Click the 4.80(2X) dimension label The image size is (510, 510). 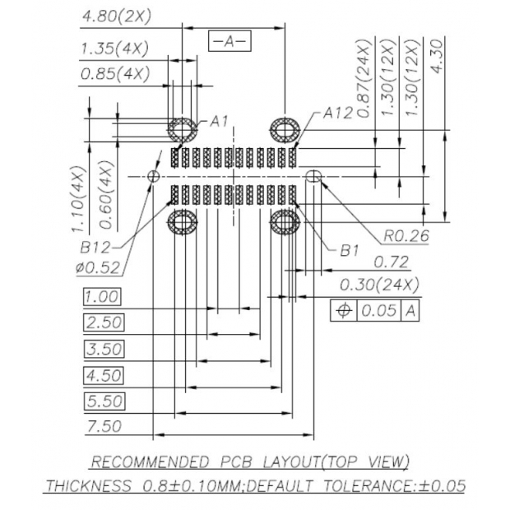[115, 16]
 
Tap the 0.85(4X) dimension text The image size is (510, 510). [115, 74]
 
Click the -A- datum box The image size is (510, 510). [229, 40]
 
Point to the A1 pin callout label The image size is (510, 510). [219, 122]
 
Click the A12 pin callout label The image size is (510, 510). [337, 113]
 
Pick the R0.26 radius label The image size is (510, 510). [406, 236]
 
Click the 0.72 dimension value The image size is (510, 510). [391, 262]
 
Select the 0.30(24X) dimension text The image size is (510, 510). [379, 285]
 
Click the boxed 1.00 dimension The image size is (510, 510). [102, 297]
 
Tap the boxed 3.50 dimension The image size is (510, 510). [104, 349]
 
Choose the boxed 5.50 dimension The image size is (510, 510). [104, 401]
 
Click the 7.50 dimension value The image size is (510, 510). [104, 426]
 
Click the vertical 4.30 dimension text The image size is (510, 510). [437, 57]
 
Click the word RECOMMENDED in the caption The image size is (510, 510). [154, 461]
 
